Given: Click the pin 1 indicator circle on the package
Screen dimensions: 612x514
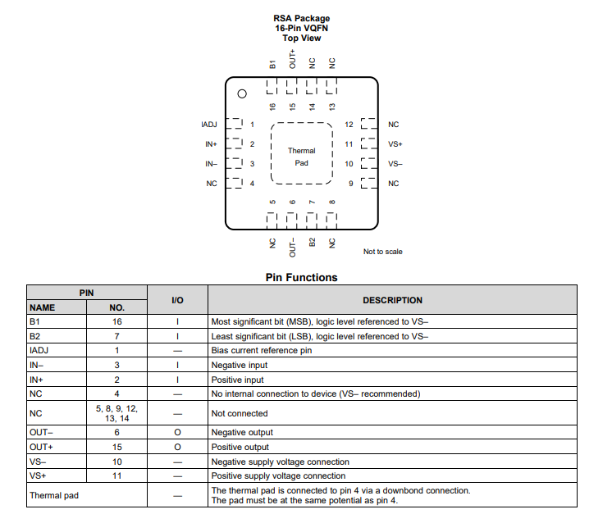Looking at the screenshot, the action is point(242,94).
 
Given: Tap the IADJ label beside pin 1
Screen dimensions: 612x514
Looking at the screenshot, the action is point(209,125).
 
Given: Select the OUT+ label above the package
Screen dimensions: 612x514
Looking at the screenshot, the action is point(292,59).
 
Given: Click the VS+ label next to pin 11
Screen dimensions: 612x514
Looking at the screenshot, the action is point(395,144).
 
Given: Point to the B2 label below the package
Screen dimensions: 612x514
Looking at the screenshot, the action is point(312,242).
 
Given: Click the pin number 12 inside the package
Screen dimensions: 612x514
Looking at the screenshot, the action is point(349,125).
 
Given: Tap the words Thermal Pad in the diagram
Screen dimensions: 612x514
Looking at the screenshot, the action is point(302,157).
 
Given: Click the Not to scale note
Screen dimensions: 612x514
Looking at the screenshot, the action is point(383,252).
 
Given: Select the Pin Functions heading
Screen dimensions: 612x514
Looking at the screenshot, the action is point(301,277).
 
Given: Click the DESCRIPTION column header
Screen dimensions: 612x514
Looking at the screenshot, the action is point(393,300).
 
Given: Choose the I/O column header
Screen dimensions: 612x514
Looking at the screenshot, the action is point(177,300).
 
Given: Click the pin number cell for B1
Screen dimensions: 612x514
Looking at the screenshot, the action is point(117,321).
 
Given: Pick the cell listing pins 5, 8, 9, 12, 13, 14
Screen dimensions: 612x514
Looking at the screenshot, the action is point(117,413).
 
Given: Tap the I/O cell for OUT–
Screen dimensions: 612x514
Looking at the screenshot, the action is point(177,433).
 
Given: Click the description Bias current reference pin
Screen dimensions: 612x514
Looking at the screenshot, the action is point(262,350).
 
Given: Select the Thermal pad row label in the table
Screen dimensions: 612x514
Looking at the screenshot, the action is point(54,495).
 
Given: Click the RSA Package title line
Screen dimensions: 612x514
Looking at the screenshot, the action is point(302,18).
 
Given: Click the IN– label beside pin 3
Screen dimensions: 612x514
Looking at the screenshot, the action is point(211,164).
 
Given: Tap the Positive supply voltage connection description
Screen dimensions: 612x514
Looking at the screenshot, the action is point(278,475).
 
